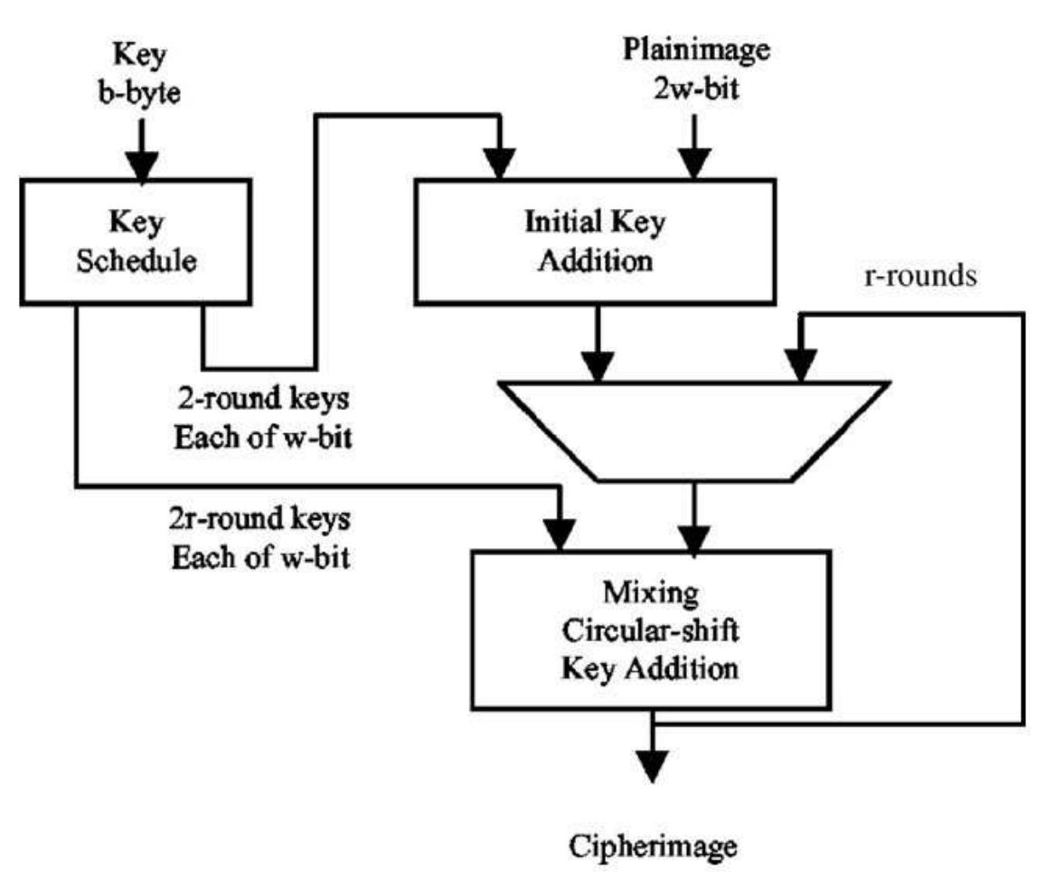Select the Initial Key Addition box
coord(594,240)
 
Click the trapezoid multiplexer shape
coord(693,430)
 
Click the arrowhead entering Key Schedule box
coord(140,166)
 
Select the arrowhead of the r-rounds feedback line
coord(797,367)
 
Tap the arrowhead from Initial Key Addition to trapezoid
coord(596,367)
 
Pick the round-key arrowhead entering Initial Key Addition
coord(498,166)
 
